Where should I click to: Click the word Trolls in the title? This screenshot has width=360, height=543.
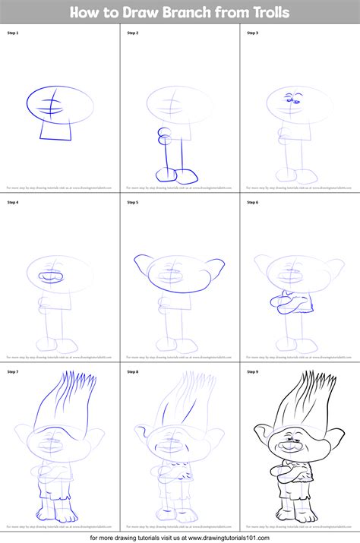[265, 12]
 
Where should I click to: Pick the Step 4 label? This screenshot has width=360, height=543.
[14, 202]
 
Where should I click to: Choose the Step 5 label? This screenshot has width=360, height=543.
[133, 202]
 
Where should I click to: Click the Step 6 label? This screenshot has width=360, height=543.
[253, 202]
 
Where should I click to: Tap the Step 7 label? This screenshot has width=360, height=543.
[14, 371]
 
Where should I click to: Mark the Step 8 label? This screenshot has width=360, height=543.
[133, 371]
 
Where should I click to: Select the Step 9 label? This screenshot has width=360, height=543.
[253, 371]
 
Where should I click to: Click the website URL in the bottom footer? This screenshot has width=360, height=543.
[251, 535]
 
